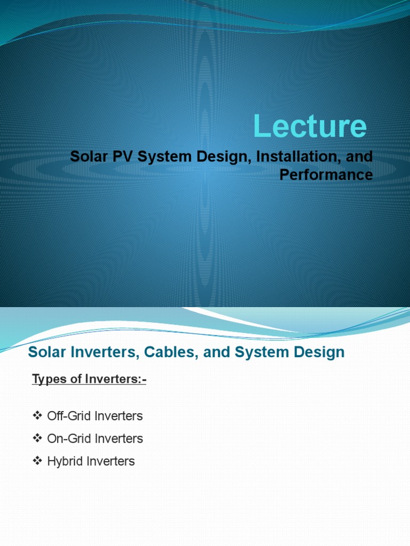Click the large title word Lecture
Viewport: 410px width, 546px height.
click(x=310, y=127)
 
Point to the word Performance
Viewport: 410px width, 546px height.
click(x=326, y=175)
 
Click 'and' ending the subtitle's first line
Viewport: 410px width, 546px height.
click(x=361, y=158)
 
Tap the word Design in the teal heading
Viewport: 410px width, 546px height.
click(x=320, y=352)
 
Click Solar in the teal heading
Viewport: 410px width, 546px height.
click(x=45, y=352)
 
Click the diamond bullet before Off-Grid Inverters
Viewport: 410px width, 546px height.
click(x=37, y=415)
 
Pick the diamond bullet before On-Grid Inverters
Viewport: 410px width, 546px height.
click(x=37, y=438)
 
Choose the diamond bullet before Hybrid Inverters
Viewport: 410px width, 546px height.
click(x=37, y=461)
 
